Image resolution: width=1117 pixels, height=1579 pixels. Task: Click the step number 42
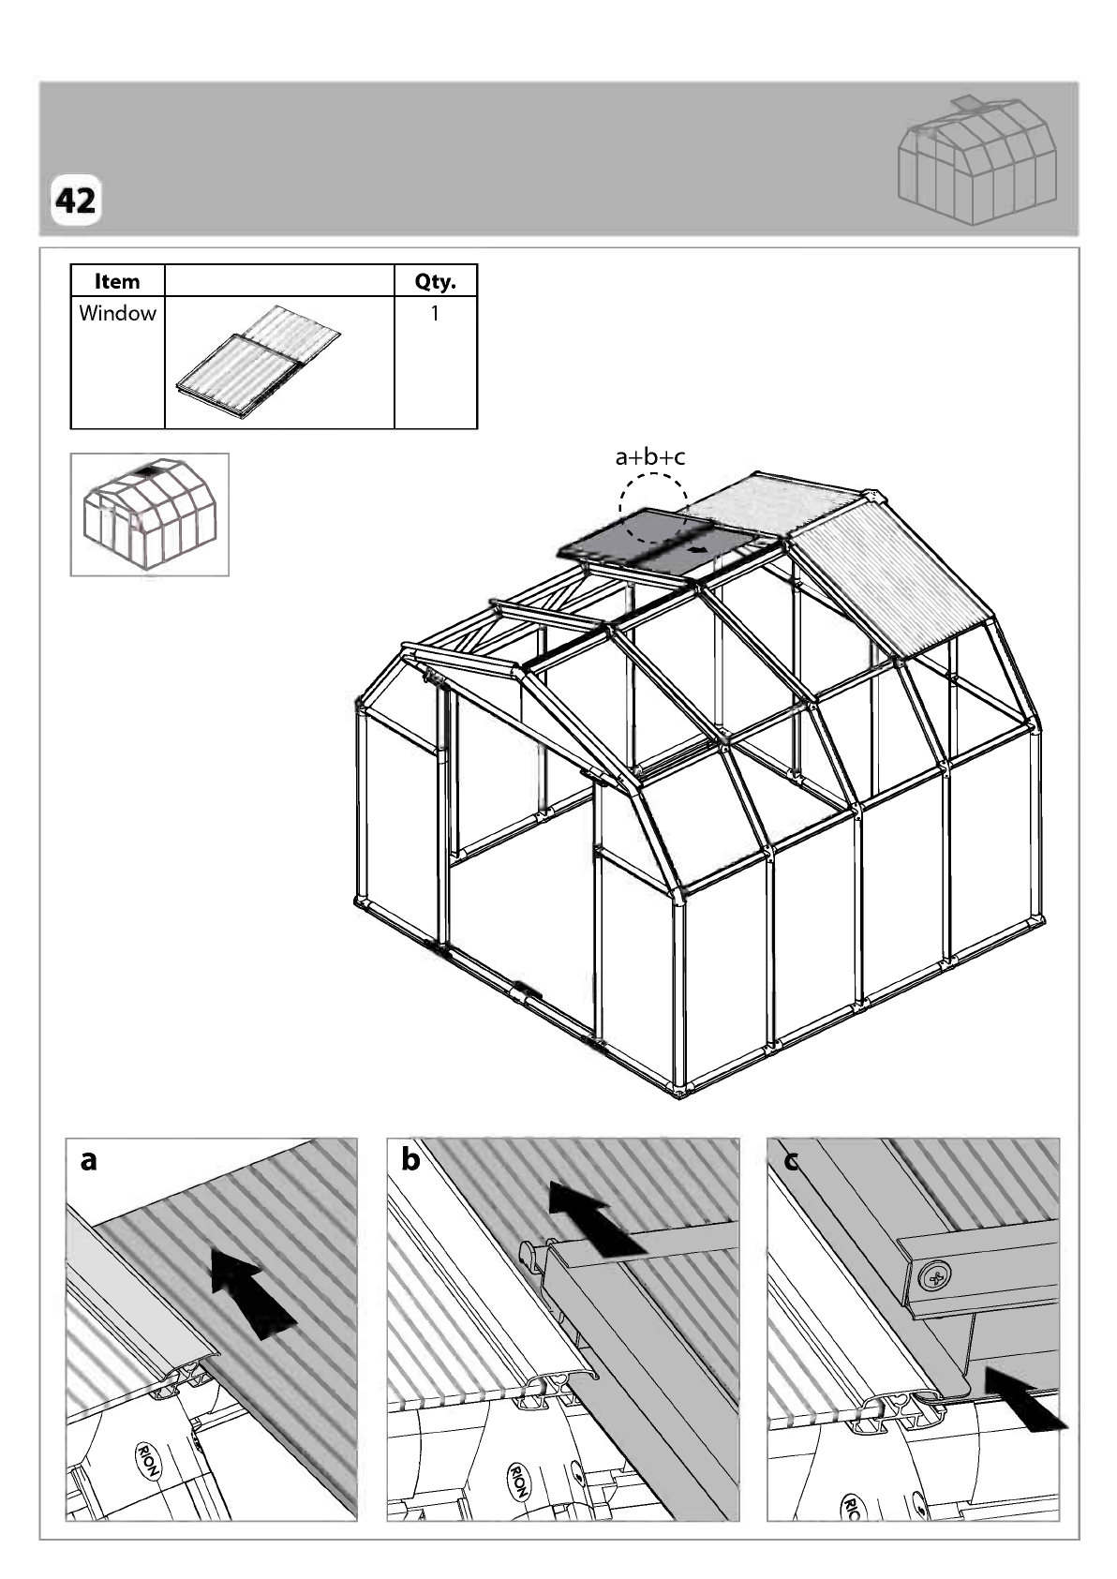[x=75, y=201]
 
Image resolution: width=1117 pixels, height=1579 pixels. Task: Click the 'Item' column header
[x=117, y=281]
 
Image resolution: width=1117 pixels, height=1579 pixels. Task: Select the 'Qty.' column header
[x=435, y=282]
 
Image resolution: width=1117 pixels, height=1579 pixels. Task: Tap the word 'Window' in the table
[x=117, y=313]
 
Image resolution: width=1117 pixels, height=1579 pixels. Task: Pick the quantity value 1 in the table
[x=435, y=313]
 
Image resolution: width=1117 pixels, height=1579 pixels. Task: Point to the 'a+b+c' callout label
[x=649, y=457]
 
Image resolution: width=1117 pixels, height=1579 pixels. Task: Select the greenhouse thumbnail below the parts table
[x=149, y=514]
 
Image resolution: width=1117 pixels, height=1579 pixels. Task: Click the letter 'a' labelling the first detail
[x=88, y=1159]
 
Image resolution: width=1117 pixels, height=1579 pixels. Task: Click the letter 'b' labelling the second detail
[x=410, y=1158]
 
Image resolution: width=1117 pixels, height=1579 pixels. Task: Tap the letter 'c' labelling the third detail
[x=791, y=1159]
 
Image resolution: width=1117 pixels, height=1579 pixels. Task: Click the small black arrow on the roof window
[x=698, y=549]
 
